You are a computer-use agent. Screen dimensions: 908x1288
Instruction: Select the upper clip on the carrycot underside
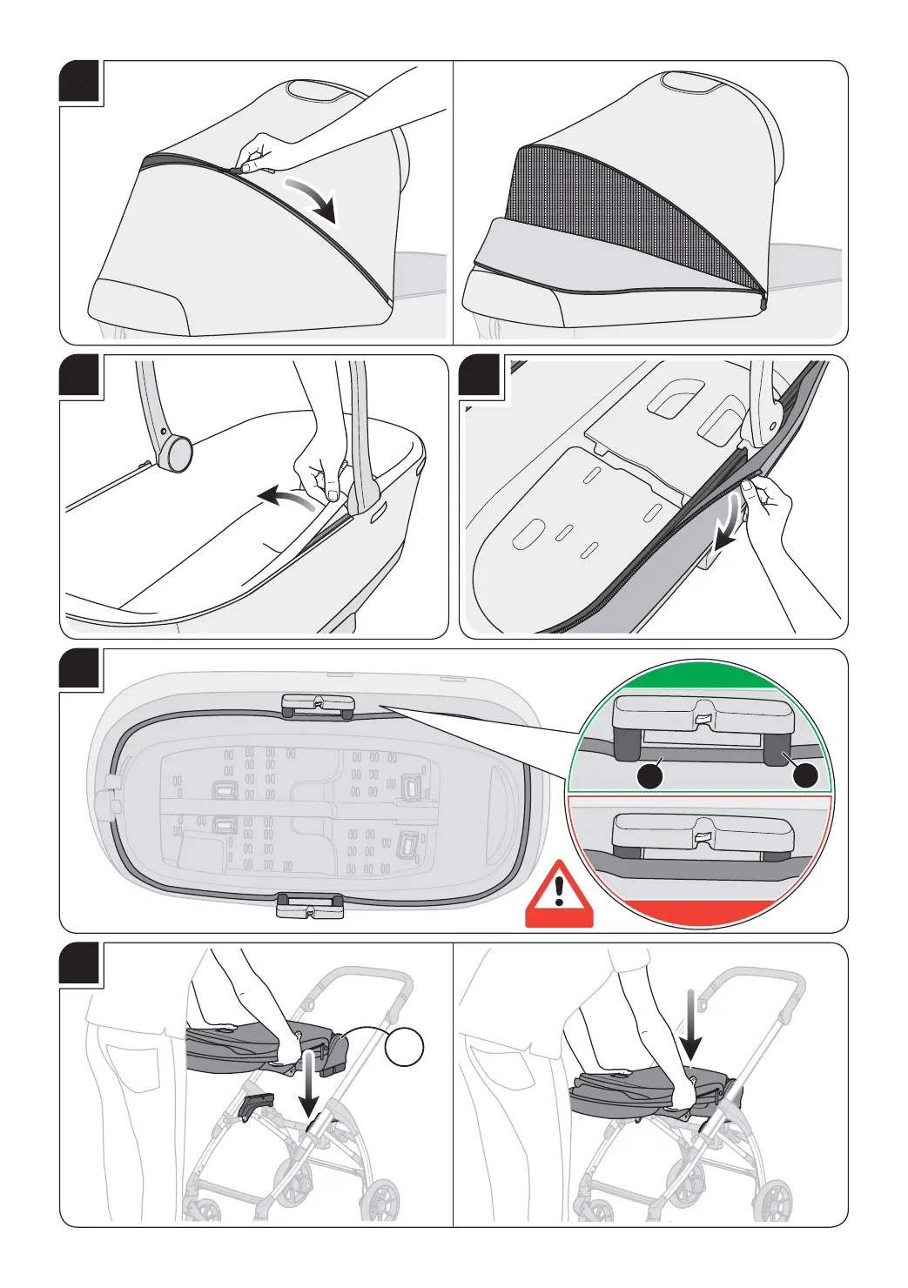pyautogui.click(x=317, y=706)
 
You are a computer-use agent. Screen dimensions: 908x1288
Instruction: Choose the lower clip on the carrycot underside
pyautogui.click(x=310, y=907)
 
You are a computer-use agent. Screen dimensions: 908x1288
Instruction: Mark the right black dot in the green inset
pyautogui.click(x=806, y=776)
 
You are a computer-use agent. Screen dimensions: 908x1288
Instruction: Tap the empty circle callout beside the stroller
pyautogui.click(x=405, y=1045)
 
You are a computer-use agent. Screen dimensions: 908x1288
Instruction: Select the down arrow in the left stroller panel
pyautogui.click(x=308, y=1083)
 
